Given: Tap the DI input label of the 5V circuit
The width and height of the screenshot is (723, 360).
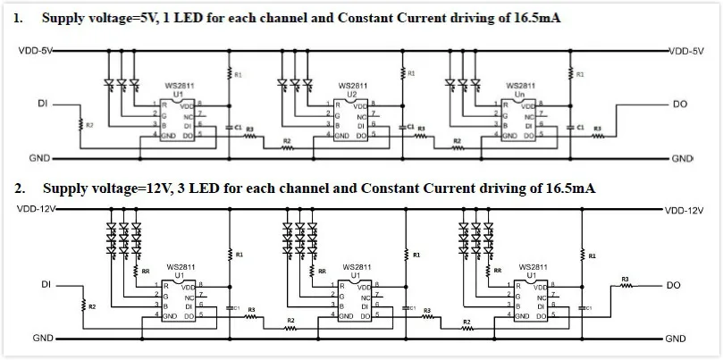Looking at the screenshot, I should [41, 105].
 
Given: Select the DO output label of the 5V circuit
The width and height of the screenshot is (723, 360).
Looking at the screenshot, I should [680, 105].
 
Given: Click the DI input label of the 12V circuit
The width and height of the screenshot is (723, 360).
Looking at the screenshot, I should [45, 286].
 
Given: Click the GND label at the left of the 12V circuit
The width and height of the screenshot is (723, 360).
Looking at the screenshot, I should [41, 339].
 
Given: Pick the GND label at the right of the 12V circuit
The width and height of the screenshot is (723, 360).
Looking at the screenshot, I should [676, 339].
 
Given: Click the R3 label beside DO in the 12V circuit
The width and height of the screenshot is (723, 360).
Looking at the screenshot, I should [625, 279].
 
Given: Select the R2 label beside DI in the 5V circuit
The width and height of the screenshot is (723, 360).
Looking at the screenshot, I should [88, 125].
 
